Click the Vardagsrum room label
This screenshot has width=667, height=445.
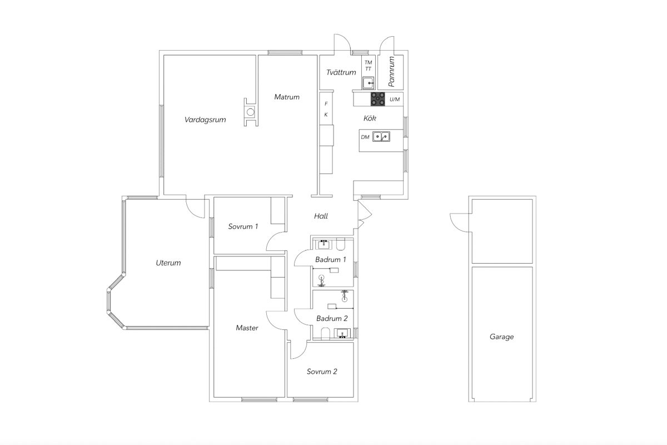tap(205, 120)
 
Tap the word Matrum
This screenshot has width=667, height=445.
tap(287, 97)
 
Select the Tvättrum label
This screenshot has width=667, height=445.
tap(341, 72)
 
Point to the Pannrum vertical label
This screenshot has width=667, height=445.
tap(391, 72)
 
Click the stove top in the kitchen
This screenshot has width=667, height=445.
tap(377, 99)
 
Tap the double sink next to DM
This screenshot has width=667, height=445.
tap(381, 136)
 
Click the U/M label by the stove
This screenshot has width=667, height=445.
tap(395, 99)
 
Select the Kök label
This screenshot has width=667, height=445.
tap(370, 118)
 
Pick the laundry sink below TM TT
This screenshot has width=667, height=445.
tap(369, 83)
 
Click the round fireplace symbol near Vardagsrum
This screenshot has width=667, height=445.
tap(251, 112)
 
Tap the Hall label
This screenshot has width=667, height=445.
tap(321, 216)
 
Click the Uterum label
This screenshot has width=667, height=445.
tap(168, 263)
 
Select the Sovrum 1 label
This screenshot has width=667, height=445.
tap(243, 226)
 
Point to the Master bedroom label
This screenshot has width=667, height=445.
tap(247, 328)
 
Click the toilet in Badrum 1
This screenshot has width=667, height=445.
tap(341, 244)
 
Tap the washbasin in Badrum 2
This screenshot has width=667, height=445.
tap(342, 333)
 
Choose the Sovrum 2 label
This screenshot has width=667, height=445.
tap(322, 372)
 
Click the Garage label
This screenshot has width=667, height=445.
tap(502, 337)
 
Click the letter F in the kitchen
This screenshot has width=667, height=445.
tap(326, 103)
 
